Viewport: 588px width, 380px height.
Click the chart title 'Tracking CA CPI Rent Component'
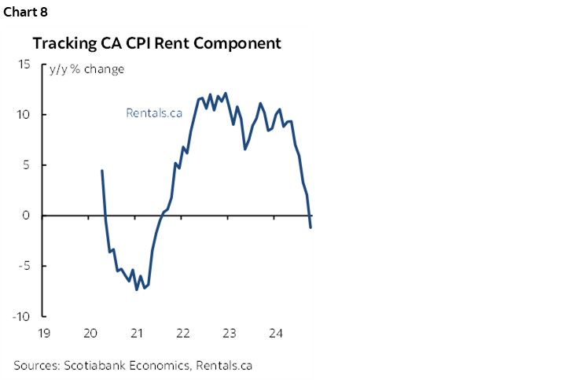(x=156, y=43)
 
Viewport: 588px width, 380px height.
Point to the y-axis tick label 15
(x=24, y=65)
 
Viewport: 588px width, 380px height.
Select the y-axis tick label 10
(x=24, y=115)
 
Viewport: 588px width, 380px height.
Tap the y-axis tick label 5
(x=28, y=165)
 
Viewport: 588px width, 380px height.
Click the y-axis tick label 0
(x=28, y=216)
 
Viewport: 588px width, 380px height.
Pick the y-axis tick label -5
(x=25, y=266)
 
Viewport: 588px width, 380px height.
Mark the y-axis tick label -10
(x=22, y=316)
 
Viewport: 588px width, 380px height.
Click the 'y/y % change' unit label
(x=86, y=69)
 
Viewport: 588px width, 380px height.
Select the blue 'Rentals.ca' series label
(x=154, y=113)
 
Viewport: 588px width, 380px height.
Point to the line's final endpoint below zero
(x=311, y=227)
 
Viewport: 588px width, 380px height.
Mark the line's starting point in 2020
(x=102, y=170)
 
